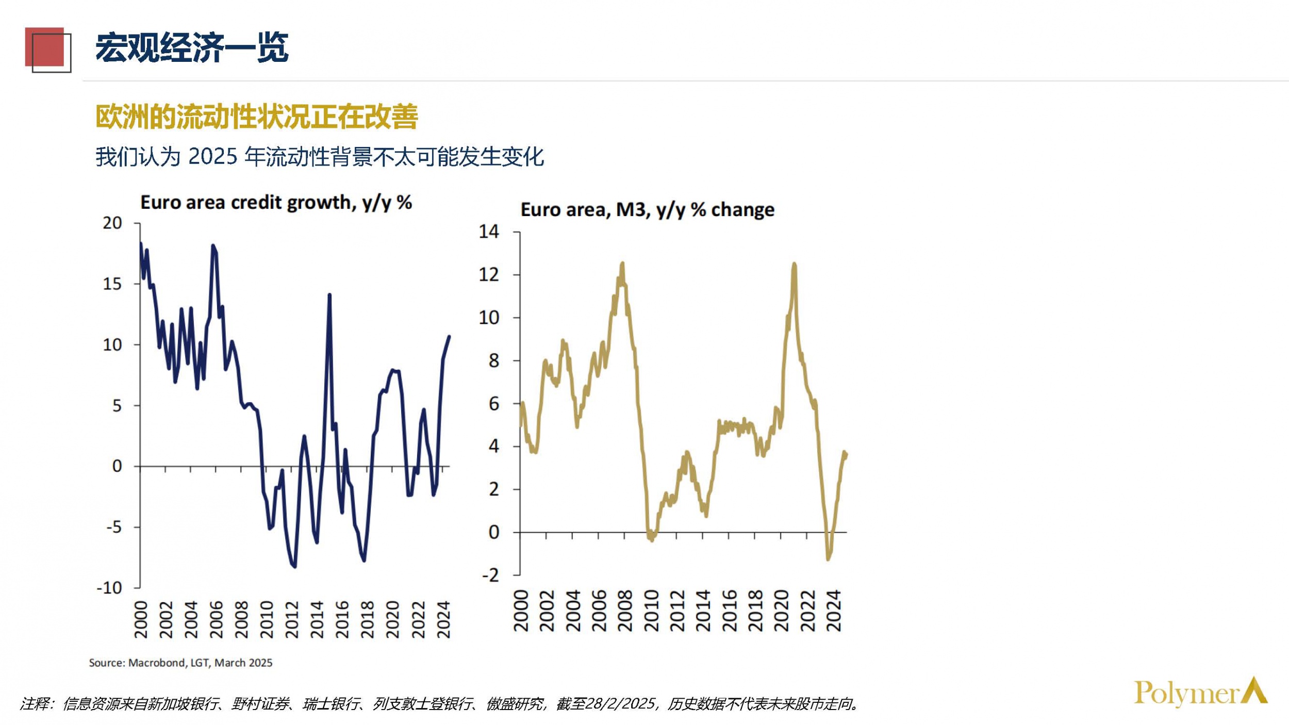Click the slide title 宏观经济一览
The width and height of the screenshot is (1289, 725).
[x=192, y=48]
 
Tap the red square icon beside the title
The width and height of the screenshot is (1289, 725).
[x=45, y=48]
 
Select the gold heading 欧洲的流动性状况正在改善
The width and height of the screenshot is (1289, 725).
[x=256, y=117]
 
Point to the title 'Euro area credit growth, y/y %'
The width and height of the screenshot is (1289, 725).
[x=276, y=203]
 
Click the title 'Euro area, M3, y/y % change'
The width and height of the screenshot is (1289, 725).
[x=647, y=210]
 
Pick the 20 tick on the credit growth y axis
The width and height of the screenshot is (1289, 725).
[x=112, y=223]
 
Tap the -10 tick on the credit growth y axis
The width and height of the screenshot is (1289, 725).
[x=109, y=588]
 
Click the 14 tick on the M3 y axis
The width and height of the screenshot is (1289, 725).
[x=489, y=232]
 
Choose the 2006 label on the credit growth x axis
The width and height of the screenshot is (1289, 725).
[x=216, y=619]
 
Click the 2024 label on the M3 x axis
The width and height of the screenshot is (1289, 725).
[x=833, y=611]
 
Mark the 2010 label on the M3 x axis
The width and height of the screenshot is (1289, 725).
[x=651, y=611]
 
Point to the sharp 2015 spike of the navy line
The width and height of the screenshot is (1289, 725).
[x=329, y=295]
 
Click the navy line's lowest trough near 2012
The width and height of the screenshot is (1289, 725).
[x=294, y=566]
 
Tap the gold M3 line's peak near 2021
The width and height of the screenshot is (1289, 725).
[x=794, y=265]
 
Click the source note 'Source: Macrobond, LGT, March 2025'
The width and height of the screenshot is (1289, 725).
[x=180, y=663]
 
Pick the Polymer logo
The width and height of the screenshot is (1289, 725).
[x=1200, y=693]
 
